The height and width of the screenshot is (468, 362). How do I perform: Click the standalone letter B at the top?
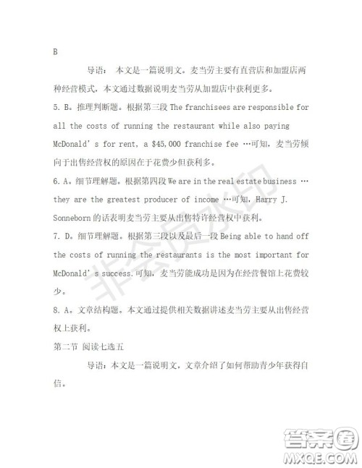click(x=56, y=51)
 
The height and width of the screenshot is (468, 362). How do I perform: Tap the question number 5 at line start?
click(x=56, y=107)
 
